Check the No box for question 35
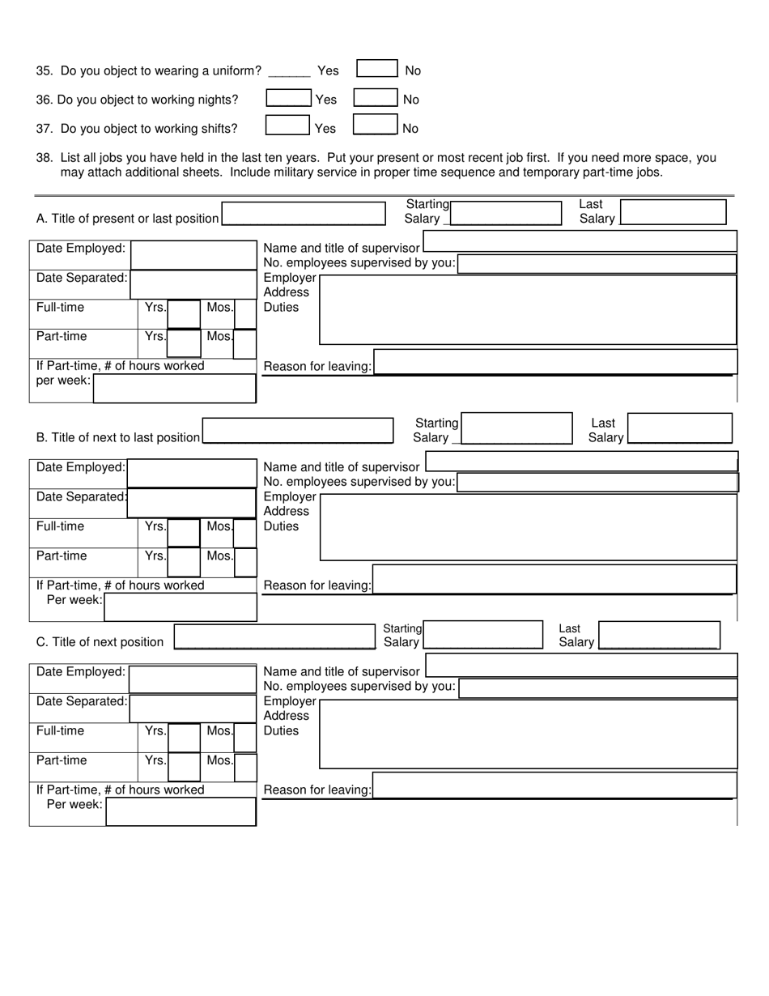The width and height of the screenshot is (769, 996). (x=377, y=69)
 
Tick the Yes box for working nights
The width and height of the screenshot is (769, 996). (x=288, y=98)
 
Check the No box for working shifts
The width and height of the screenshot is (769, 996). (x=375, y=126)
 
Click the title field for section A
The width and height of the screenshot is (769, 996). (x=304, y=214)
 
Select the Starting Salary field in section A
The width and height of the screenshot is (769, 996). (x=507, y=213)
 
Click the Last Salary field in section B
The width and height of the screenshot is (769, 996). (x=680, y=428)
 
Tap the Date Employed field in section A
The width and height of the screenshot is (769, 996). (x=193, y=255)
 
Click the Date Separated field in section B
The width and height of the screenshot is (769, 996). (x=192, y=503)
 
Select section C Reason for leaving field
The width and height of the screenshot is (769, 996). (x=554, y=785)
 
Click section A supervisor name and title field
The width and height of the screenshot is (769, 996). (x=580, y=241)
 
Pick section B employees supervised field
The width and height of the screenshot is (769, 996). (x=597, y=483)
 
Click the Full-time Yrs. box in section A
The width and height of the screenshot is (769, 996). (x=184, y=314)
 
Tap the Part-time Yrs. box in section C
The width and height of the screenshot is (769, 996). (x=184, y=767)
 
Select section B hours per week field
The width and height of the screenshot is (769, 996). (x=181, y=607)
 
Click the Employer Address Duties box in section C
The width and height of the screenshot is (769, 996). (x=529, y=734)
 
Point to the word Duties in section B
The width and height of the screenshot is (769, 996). (x=281, y=526)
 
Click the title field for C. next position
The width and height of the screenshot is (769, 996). (x=275, y=637)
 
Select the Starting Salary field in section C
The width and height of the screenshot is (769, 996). (x=483, y=635)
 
